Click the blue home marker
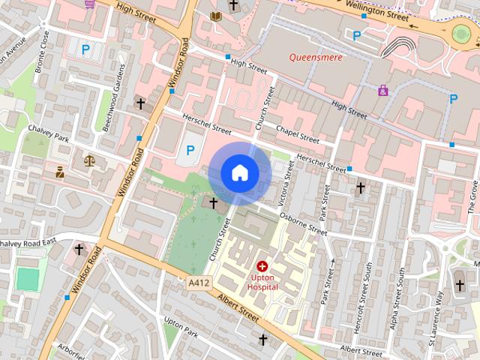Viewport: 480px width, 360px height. (239, 173)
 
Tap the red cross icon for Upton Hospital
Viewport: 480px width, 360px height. (262, 266)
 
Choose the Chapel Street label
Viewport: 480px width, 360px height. (298, 134)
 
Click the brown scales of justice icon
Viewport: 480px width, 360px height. (91, 159)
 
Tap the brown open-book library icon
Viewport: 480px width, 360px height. (216, 16)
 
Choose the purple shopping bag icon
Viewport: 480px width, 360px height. (383, 91)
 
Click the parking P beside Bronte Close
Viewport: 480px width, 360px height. (85, 51)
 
